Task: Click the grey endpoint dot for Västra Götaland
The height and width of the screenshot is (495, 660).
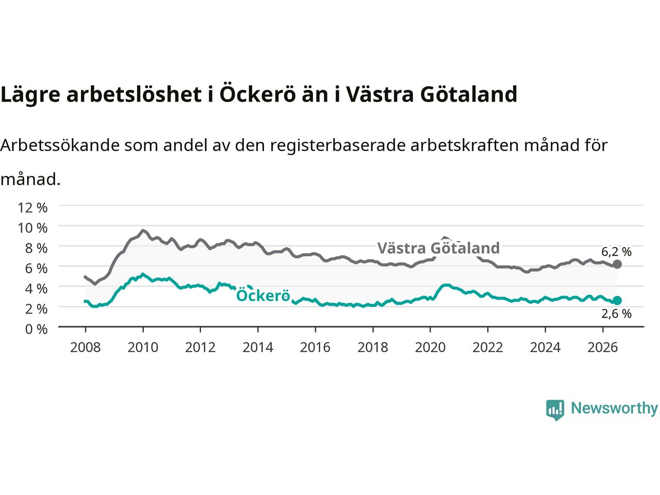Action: (617, 265)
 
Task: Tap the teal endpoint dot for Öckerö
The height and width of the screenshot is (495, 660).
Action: (617, 300)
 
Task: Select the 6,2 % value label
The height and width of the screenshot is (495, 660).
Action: (616, 252)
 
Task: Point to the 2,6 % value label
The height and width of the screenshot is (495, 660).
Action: (616, 314)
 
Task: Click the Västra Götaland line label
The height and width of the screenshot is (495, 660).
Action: (438, 248)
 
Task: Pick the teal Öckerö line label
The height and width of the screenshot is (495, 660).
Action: (263, 295)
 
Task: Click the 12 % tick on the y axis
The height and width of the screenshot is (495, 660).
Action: (32, 208)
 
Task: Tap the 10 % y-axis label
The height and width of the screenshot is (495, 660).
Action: (32, 228)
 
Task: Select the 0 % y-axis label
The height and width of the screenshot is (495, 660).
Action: (37, 329)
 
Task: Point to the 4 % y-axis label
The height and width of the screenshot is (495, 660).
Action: (37, 289)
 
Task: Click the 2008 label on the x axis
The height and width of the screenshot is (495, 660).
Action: (86, 348)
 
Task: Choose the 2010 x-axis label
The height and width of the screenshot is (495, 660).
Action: (143, 348)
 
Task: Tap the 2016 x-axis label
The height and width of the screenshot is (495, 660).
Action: (315, 348)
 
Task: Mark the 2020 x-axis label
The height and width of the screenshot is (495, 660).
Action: (430, 348)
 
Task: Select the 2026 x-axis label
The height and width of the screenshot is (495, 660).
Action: (603, 348)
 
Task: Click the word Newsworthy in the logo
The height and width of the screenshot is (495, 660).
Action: (614, 408)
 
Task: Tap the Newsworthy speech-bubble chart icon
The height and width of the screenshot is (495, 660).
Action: (555, 410)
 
